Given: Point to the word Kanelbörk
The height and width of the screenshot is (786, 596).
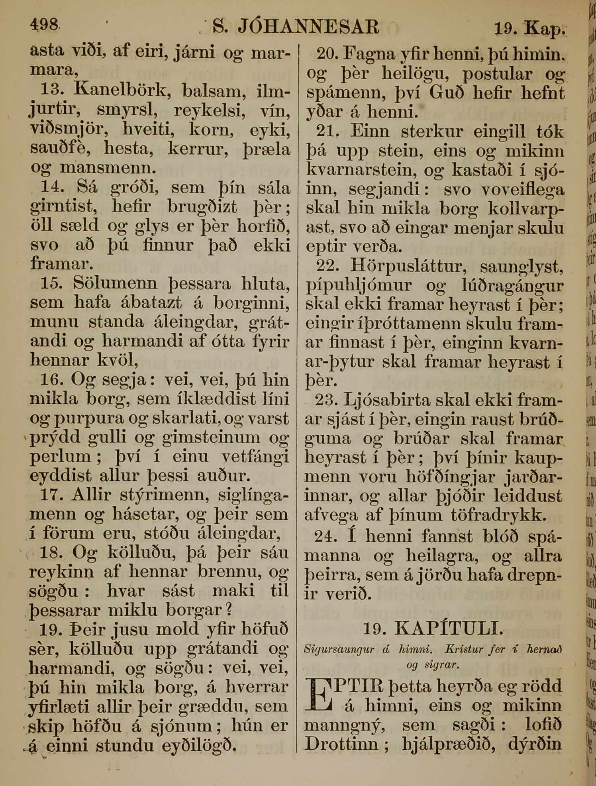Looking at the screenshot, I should click(x=122, y=91).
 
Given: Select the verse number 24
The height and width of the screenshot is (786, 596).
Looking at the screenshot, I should click(x=326, y=536).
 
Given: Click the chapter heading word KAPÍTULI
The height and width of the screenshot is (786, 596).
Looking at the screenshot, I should click(x=449, y=629).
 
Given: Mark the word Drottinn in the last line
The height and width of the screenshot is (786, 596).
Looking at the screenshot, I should click(x=342, y=744).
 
